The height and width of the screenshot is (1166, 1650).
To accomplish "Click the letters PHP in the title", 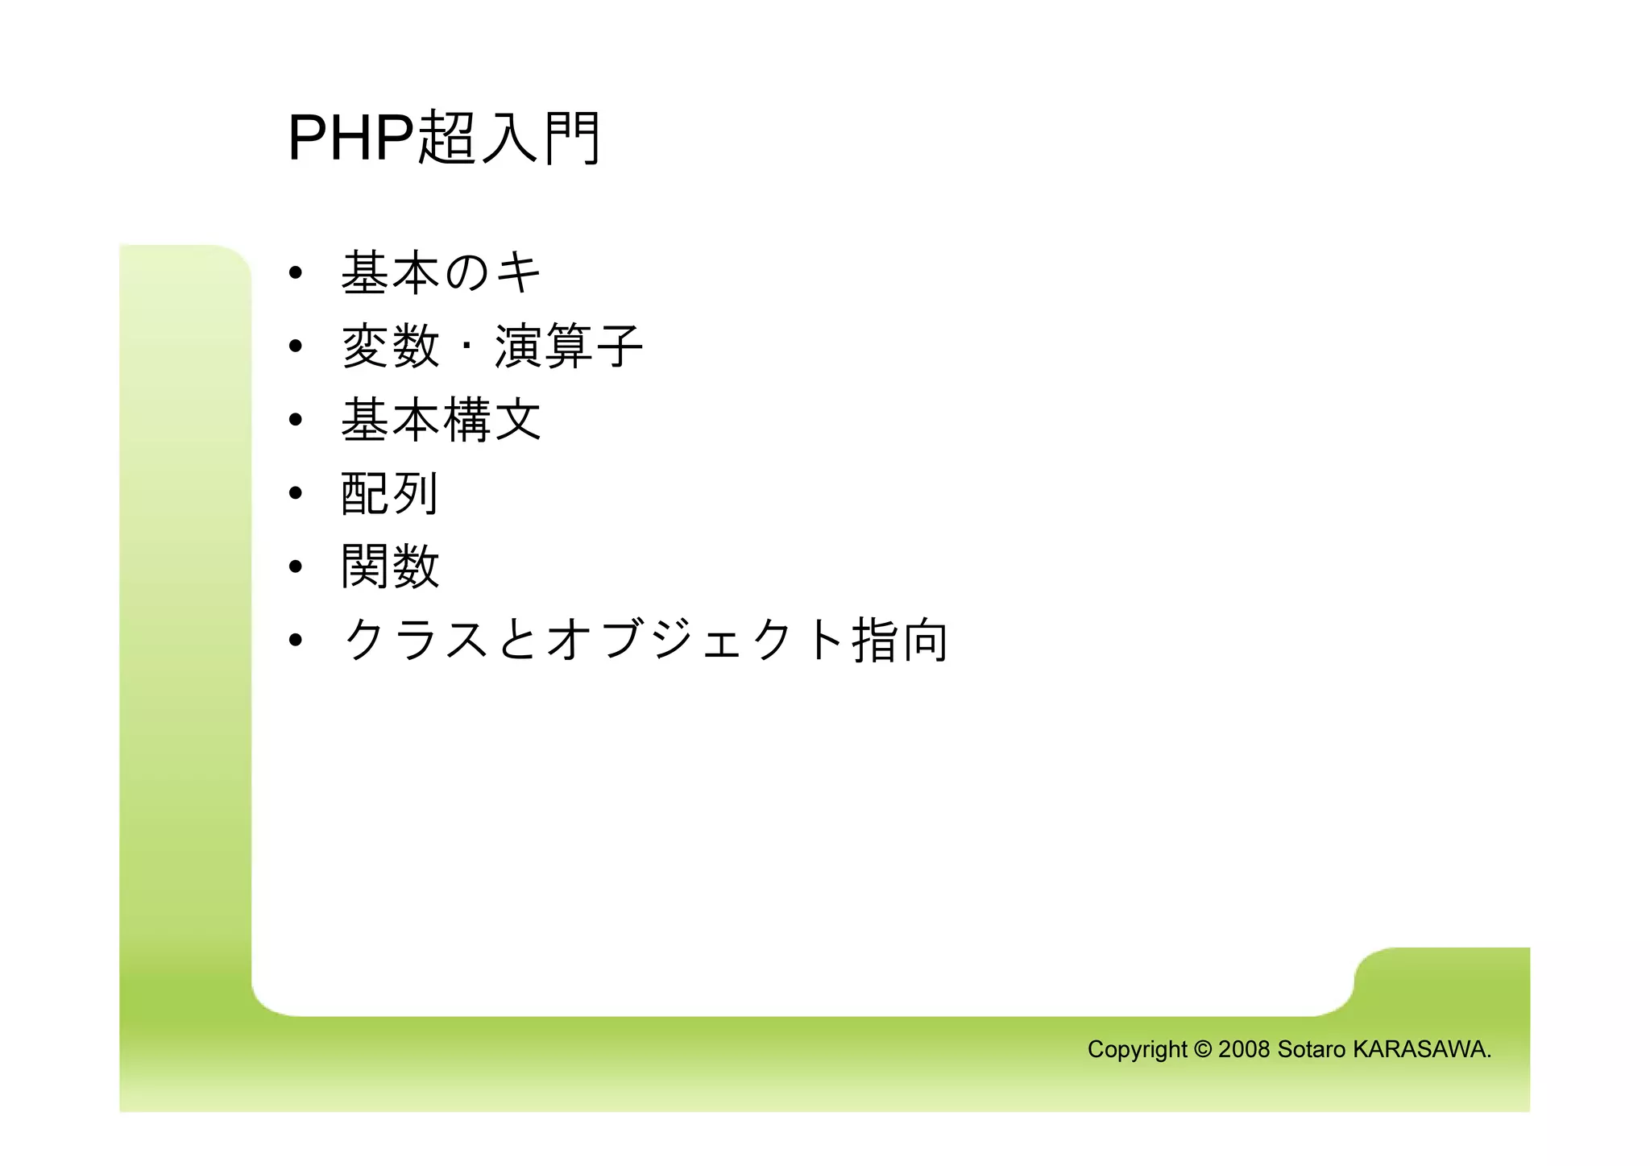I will [350, 139].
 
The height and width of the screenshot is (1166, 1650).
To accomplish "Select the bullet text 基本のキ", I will [441, 272].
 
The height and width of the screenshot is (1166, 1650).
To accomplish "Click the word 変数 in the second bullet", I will [391, 346].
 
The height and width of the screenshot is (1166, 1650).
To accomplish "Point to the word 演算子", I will [568, 346].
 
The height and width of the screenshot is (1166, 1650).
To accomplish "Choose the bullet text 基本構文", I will [441, 420].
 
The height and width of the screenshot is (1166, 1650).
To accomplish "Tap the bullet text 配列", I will [390, 493].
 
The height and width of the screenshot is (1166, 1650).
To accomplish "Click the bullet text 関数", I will [390, 566].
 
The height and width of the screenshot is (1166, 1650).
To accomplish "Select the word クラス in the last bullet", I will [416, 640].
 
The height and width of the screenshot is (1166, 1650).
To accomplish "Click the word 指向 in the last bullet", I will [900, 640].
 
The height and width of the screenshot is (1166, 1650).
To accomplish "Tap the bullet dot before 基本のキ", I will [296, 273].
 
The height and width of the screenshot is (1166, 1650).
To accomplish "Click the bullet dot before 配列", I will [296, 493].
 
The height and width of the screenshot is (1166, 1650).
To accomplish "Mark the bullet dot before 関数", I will [296, 566].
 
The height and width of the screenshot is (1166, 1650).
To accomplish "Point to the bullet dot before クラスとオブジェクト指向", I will [296, 641].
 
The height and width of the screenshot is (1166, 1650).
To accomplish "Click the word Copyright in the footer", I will [1137, 1050].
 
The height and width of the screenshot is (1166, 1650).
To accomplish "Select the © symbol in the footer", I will [1203, 1049].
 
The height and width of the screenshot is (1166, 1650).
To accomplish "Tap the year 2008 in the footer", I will [1244, 1049].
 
